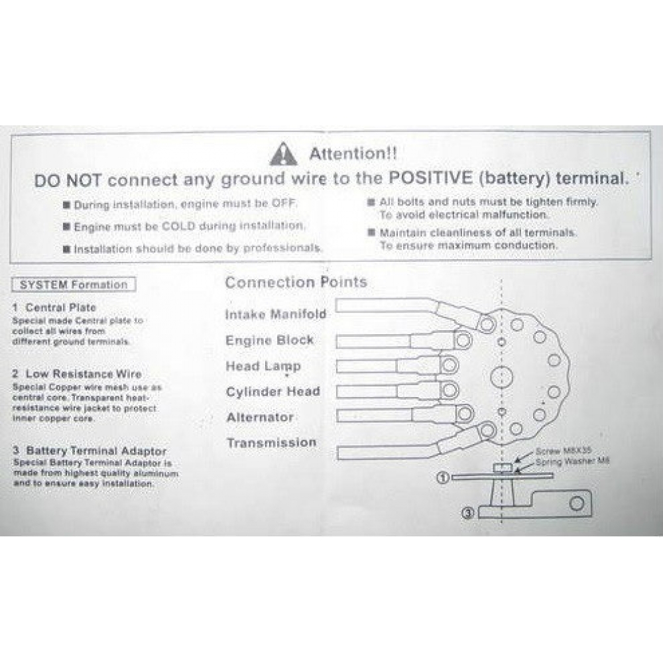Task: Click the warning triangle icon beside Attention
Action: pyautogui.click(x=283, y=154)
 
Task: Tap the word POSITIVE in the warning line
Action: pyautogui.click(x=430, y=178)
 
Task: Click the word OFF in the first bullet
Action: pyautogui.click(x=284, y=203)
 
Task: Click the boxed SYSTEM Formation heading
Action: pyautogui.click(x=74, y=284)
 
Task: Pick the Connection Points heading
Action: pyautogui.click(x=296, y=282)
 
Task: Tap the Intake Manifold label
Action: pyautogui.click(x=276, y=314)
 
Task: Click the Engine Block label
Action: pyautogui.click(x=270, y=340)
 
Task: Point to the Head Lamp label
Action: pyautogui.click(x=263, y=366)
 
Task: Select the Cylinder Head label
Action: pyautogui.click(x=273, y=392)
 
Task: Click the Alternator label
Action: pyautogui.click(x=260, y=417)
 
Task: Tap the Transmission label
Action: pyautogui.click(x=271, y=443)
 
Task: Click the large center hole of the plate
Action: pyautogui.click(x=501, y=377)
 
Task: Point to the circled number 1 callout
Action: pyautogui.click(x=443, y=478)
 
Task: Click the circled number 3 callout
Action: pyautogui.click(x=467, y=513)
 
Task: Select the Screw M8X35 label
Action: pyautogui.click(x=563, y=451)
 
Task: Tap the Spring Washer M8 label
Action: pyautogui.click(x=573, y=461)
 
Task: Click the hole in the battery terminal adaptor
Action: pyautogui.click(x=577, y=503)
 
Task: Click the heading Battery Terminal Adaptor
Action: pyautogui.click(x=90, y=451)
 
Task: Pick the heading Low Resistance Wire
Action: pyautogui.click(x=78, y=374)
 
